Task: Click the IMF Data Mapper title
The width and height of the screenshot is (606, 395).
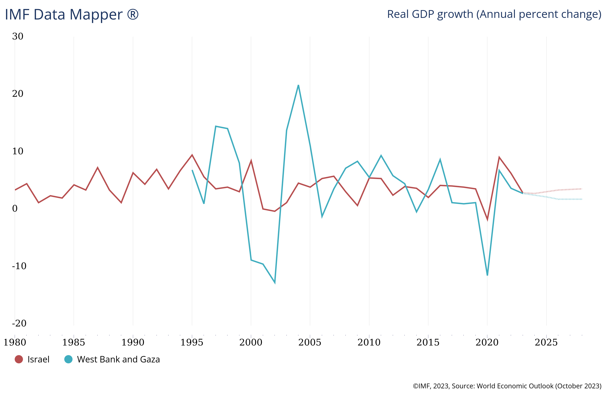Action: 72,14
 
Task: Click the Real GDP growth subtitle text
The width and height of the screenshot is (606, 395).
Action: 494,14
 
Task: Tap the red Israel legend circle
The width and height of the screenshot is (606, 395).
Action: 19,359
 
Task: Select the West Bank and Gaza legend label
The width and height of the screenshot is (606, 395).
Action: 118,359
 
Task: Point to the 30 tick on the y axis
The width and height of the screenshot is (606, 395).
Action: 18,36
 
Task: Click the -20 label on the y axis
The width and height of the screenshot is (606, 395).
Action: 19,323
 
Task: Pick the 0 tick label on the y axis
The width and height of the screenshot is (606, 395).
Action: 15,209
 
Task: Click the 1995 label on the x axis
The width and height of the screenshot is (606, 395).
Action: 192,342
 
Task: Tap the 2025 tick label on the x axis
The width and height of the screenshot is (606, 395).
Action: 546,342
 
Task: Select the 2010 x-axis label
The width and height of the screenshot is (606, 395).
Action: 369,342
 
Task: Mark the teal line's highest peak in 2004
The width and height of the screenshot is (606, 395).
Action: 298,85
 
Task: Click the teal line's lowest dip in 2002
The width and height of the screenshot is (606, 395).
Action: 275,283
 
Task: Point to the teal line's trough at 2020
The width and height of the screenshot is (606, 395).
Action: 487,275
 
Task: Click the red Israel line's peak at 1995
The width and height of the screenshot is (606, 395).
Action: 192,155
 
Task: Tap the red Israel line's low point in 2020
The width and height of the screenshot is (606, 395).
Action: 487,220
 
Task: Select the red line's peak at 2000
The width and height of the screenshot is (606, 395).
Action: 251,160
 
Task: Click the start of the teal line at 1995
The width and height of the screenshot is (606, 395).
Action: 192,170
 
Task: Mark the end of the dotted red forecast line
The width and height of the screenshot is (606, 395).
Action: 582,189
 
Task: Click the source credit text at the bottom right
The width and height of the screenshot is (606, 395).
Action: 507,386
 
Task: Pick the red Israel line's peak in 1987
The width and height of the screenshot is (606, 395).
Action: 98,167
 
